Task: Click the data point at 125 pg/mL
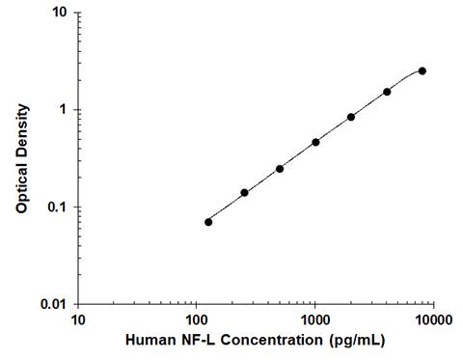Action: (x=208, y=222)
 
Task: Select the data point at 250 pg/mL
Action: (x=244, y=192)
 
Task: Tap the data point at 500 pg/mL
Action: (x=280, y=169)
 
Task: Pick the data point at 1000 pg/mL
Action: (x=315, y=142)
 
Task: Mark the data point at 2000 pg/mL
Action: (x=351, y=117)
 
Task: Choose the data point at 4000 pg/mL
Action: (x=387, y=92)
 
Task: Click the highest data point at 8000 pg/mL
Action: (x=422, y=70)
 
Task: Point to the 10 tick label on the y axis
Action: (x=60, y=14)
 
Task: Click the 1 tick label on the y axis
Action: (x=63, y=110)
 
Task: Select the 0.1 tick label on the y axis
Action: (x=57, y=208)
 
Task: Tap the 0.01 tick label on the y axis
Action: (x=54, y=304)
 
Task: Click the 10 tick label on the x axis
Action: (x=78, y=319)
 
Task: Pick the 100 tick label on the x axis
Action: (x=197, y=319)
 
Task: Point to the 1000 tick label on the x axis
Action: (x=315, y=319)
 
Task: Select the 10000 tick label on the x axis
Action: (x=433, y=319)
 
